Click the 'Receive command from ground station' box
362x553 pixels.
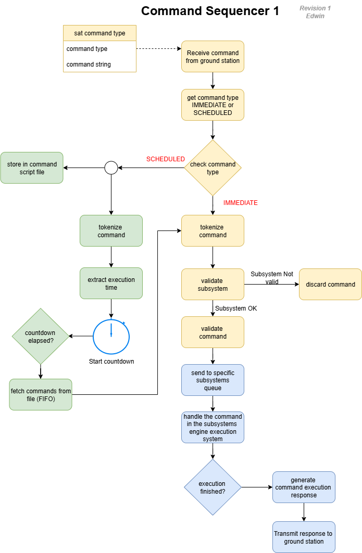tap(213, 56)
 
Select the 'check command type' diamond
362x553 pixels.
tap(213, 168)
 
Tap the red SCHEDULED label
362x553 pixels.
tap(165, 159)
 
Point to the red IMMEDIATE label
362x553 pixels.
tap(240, 203)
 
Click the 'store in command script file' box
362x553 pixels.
tap(32, 168)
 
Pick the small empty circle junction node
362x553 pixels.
tap(111, 168)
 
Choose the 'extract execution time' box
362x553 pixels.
tap(111, 284)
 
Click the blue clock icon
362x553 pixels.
tap(111, 337)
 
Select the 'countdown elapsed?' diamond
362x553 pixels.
tap(40, 337)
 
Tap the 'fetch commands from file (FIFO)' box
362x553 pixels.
tap(41, 394)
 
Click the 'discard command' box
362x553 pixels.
tap(330, 284)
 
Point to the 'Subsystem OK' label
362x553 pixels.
tap(236, 308)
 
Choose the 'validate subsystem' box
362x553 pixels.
tap(213, 284)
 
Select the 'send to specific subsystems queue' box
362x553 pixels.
tap(213, 380)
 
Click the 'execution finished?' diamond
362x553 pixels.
tap(213, 487)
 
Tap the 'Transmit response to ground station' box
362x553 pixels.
tap(304, 537)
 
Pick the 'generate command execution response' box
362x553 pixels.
tap(304, 487)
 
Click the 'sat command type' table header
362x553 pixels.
tap(99, 33)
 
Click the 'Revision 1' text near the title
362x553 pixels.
tap(315, 8)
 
